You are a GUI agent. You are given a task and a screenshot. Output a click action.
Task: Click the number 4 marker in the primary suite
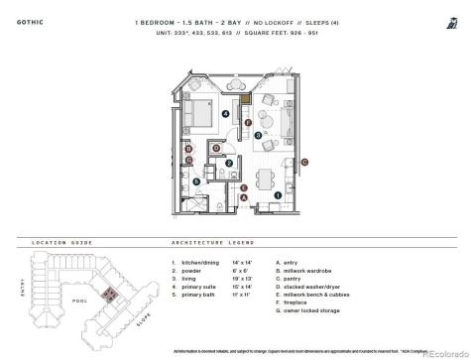225,115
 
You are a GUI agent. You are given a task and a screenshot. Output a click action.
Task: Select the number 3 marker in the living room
258,134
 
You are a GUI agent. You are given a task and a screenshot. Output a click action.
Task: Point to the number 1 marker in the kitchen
279,194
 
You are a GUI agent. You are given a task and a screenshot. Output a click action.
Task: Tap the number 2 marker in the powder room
229,163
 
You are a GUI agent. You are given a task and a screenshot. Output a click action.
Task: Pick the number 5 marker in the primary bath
196,181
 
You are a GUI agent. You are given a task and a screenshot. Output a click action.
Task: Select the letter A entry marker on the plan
244,198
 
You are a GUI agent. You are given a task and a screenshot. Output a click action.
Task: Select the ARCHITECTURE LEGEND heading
206,242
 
